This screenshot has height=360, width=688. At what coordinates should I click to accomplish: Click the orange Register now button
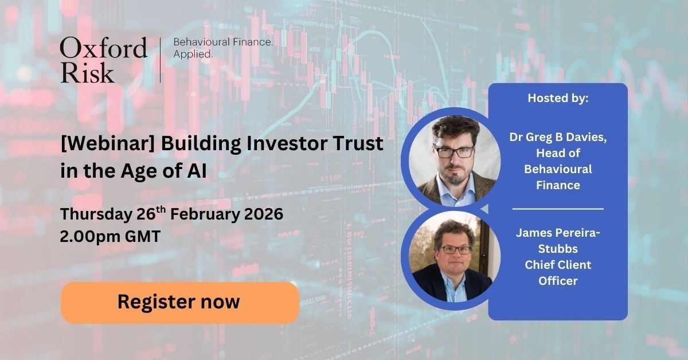click(179, 302)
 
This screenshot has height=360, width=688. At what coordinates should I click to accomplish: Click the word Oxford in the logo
click(103, 48)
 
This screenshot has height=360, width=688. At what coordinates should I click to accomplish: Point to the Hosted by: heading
click(558, 98)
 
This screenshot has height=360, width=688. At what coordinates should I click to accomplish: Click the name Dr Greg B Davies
click(558, 137)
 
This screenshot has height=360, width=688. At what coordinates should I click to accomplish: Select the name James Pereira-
click(558, 233)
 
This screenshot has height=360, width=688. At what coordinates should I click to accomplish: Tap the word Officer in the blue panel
click(558, 281)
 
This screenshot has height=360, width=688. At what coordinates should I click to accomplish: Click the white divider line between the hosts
click(558, 209)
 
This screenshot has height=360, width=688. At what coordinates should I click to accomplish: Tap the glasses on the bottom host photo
click(456, 250)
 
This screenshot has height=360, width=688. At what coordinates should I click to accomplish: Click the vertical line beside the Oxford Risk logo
click(161, 60)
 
